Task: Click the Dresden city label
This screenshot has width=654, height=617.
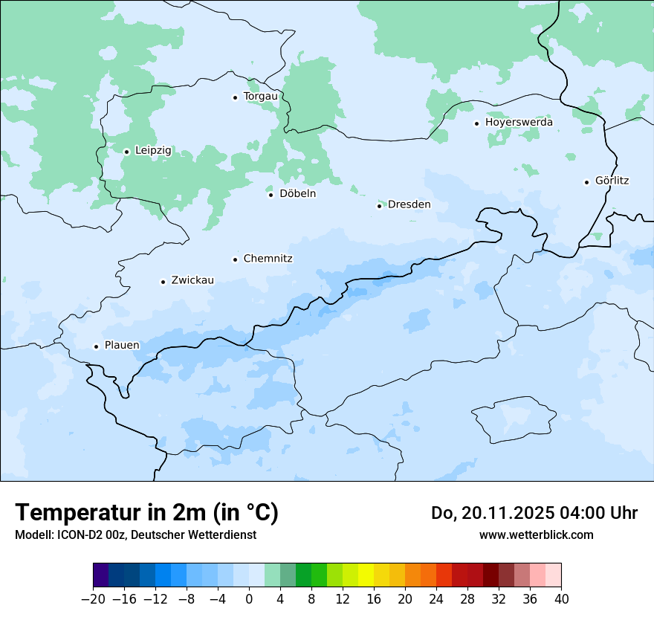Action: click(x=409, y=204)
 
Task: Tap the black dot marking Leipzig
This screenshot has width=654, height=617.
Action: click(x=126, y=152)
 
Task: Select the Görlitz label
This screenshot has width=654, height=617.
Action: click(x=612, y=181)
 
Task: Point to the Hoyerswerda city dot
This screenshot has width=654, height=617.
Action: click(x=476, y=123)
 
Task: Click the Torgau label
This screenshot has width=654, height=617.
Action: click(x=260, y=96)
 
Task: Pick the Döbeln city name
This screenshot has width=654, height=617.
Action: click(x=297, y=193)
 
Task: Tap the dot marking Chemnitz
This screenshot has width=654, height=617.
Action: click(x=235, y=259)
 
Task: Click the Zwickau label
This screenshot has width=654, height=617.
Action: click(x=192, y=280)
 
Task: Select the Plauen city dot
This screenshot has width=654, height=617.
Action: click(x=96, y=346)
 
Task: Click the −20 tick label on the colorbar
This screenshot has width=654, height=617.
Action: click(x=93, y=599)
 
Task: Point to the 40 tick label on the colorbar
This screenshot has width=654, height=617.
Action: click(x=561, y=599)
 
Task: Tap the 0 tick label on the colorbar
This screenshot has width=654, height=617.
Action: click(x=249, y=599)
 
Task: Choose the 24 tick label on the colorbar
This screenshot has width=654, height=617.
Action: click(x=436, y=599)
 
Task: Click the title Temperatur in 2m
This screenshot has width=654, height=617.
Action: click(x=146, y=512)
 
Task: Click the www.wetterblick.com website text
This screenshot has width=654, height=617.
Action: click(x=536, y=534)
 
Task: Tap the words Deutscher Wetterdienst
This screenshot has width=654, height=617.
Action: click(x=193, y=534)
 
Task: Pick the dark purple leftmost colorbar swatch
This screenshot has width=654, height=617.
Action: click(x=101, y=575)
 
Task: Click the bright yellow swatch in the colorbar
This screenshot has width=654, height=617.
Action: click(x=366, y=575)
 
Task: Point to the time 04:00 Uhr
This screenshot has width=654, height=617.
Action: click(x=595, y=513)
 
